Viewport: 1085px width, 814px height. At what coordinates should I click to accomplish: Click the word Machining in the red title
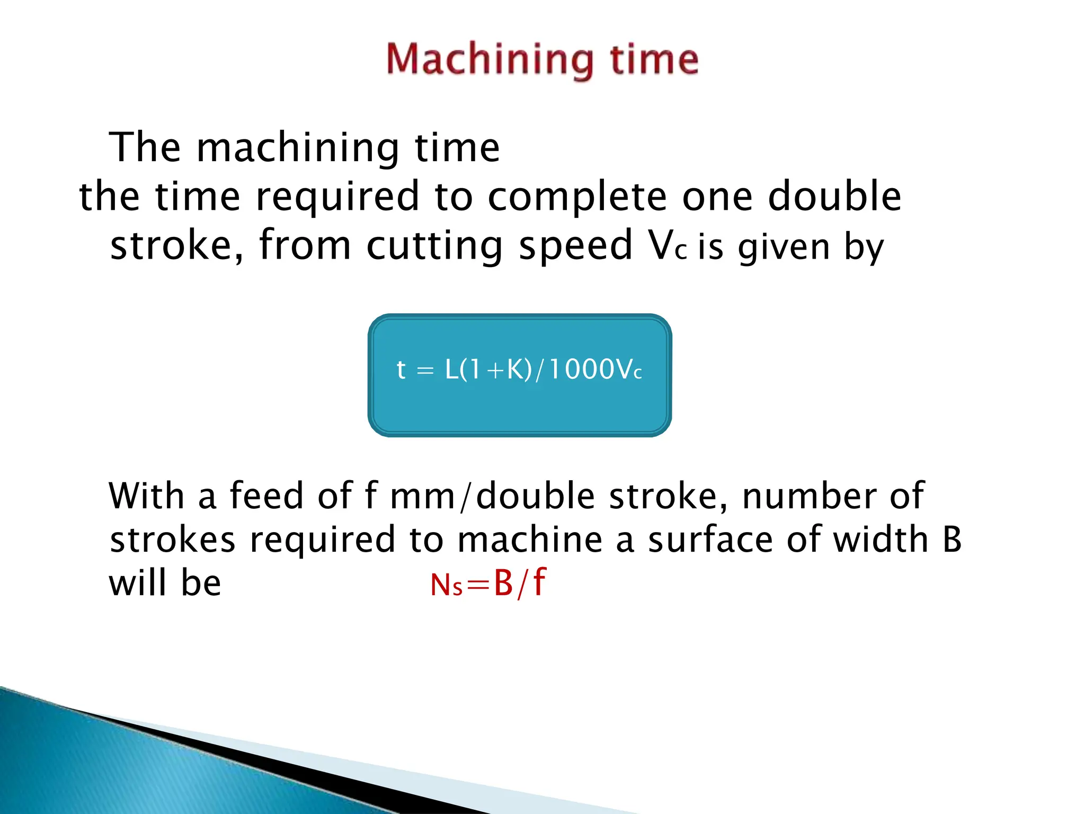(490, 59)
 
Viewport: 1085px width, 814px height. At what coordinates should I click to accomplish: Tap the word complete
(576, 196)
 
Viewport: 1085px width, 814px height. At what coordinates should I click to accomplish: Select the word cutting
(434, 246)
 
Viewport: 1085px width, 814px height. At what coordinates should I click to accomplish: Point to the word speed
(575, 246)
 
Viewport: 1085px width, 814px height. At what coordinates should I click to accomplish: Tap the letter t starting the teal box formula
(401, 369)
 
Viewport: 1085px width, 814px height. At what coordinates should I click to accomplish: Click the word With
(146, 496)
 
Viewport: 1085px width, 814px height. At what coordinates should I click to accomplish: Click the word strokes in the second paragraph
(172, 539)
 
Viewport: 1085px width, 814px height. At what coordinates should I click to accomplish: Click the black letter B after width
(952, 539)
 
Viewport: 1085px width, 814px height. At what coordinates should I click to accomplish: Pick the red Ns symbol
(446, 586)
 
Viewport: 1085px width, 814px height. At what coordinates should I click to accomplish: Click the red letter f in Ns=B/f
(539, 582)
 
